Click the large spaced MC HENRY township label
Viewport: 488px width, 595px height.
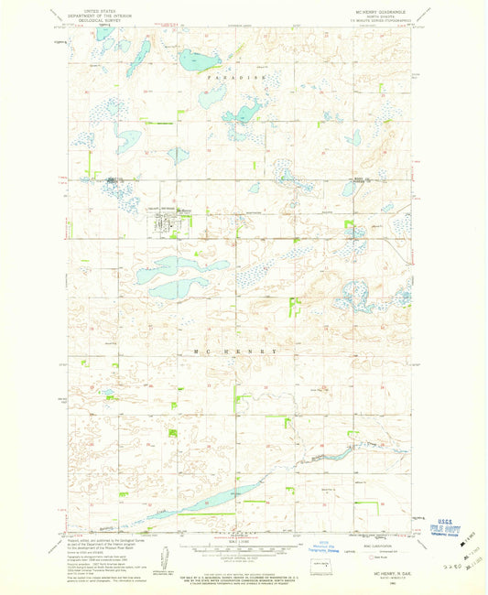pyautogui.click(x=240, y=351)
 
